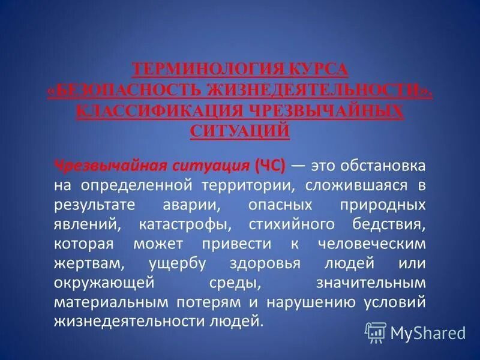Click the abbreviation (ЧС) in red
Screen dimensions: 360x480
click(x=271, y=165)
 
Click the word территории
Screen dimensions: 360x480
click(x=242, y=185)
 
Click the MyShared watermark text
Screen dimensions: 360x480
click(x=428, y=332)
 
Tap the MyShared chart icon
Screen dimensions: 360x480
click(x=376, y=331)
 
